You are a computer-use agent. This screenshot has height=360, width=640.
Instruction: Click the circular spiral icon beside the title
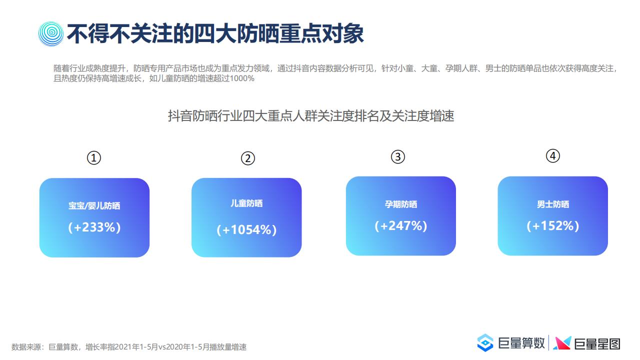coord(51,33)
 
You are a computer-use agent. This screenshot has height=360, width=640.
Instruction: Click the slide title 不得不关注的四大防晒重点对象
coord(215,33)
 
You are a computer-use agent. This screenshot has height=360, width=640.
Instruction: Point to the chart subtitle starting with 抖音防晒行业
coord(311,116)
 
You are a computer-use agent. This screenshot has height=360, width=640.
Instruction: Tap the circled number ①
coord(94,158)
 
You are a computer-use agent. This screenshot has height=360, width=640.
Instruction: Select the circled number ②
coord(247,158)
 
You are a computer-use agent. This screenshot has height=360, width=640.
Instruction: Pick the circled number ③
coord(398,157)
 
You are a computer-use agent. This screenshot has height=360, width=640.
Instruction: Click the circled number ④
coord(553,156)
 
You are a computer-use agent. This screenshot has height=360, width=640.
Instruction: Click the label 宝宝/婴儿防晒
coord(94,205)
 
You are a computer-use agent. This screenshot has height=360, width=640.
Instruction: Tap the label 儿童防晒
coord(246,203)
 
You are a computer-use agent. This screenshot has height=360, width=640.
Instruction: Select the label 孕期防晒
coord(401,204)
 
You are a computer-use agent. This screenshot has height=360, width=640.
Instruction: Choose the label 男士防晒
coord(553,204)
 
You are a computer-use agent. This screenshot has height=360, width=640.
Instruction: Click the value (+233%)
coord(94,227)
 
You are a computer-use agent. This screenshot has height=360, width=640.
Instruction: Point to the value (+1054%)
coord(246,229)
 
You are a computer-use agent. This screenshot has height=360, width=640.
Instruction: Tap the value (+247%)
coord(401,225)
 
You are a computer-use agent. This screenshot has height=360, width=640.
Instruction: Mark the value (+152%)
coord(553,225)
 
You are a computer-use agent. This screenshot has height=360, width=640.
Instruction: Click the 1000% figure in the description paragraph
coord(242,78)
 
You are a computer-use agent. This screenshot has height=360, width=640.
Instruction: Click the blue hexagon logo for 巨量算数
coord(485,342)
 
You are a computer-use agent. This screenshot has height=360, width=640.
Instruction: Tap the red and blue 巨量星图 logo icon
coord(562,343)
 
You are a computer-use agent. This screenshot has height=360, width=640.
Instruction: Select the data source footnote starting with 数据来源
coord(129,347)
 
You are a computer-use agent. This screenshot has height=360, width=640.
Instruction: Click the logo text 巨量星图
coord(597,343)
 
